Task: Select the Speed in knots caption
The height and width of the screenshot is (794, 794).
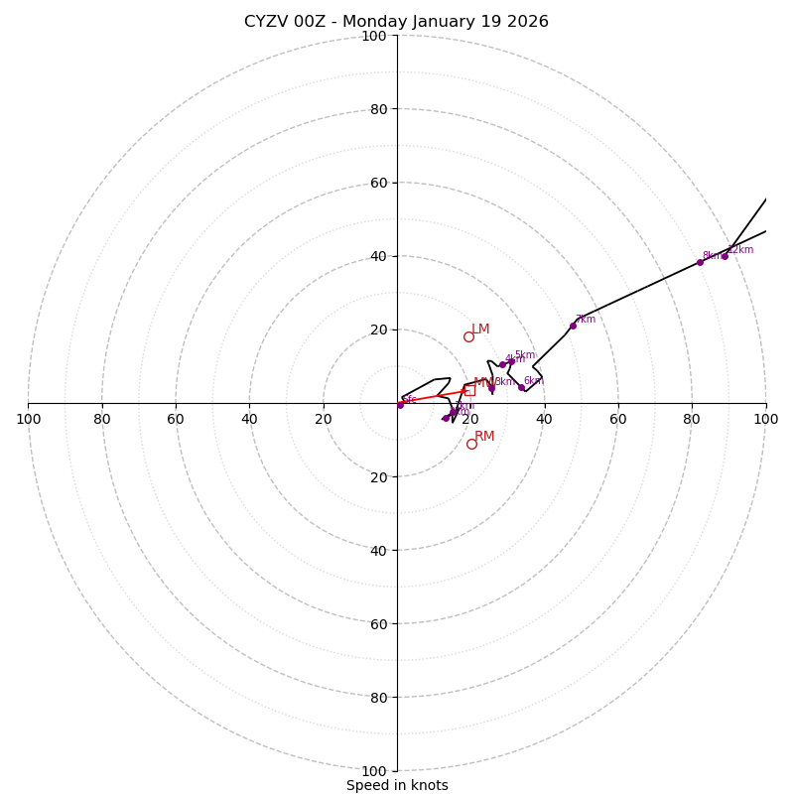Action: coord(397,785)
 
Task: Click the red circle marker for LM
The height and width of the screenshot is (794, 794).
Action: coord(468,336)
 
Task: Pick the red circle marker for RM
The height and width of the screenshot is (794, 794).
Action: coord(471,444)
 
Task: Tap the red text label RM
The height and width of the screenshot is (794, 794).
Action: coord(484,436)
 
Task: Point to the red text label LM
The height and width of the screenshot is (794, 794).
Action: coord(480,329)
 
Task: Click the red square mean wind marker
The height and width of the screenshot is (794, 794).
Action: coord(469,390)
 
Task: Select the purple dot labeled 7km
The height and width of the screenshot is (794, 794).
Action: coord(573,326)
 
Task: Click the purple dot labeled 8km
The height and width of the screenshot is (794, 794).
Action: coord(700,262)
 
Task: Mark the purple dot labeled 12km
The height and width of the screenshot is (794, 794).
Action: coord(725,256)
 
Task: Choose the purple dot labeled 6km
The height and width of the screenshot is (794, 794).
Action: coord(521,387)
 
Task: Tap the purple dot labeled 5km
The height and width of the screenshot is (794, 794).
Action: coord(511,361)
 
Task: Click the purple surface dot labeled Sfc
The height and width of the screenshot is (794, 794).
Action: coord(400,405)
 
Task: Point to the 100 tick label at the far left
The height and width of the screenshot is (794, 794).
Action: coord(28,419)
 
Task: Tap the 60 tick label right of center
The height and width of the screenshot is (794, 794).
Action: coord(617,419)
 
